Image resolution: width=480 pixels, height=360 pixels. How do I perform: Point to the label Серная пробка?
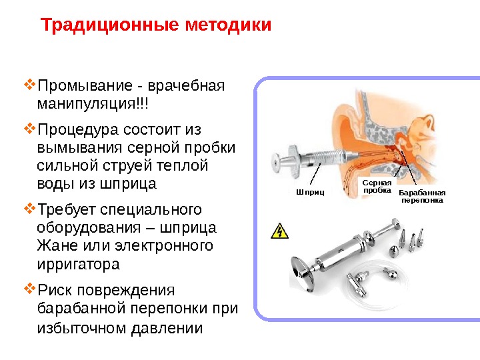pos(375,186)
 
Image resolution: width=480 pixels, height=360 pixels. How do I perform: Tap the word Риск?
pos(57,291)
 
